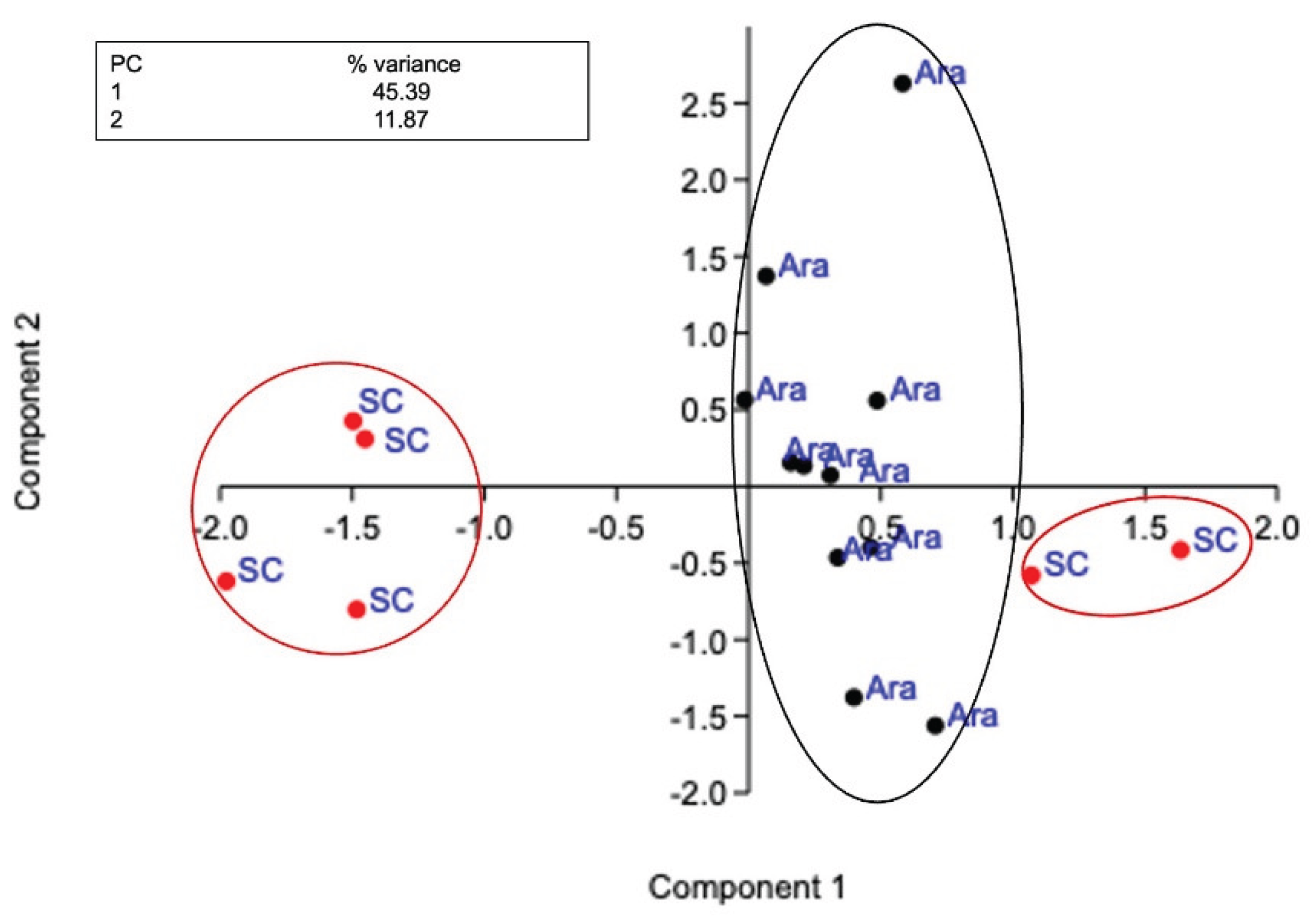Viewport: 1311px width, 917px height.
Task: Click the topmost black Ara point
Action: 902,83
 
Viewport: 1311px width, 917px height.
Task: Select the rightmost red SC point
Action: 1181,550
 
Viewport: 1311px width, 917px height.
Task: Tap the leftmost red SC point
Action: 226,581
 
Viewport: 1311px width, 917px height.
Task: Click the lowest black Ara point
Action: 935,726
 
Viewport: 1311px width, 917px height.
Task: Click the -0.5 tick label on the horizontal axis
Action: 615,529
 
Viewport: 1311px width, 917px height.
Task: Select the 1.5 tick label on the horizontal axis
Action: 1144,529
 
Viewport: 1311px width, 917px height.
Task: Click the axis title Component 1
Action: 746,887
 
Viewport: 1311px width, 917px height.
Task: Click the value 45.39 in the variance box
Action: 401,92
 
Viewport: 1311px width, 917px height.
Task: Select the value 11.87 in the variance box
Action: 401,119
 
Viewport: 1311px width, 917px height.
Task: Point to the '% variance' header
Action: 404,64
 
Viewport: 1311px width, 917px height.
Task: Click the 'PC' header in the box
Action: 126,64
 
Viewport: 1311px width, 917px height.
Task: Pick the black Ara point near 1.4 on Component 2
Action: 766,276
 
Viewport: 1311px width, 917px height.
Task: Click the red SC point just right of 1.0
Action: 1031,575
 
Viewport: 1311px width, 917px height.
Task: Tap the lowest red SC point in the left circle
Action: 357,609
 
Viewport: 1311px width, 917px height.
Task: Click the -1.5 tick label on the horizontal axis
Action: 352,529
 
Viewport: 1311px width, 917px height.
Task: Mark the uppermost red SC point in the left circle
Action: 353,421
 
